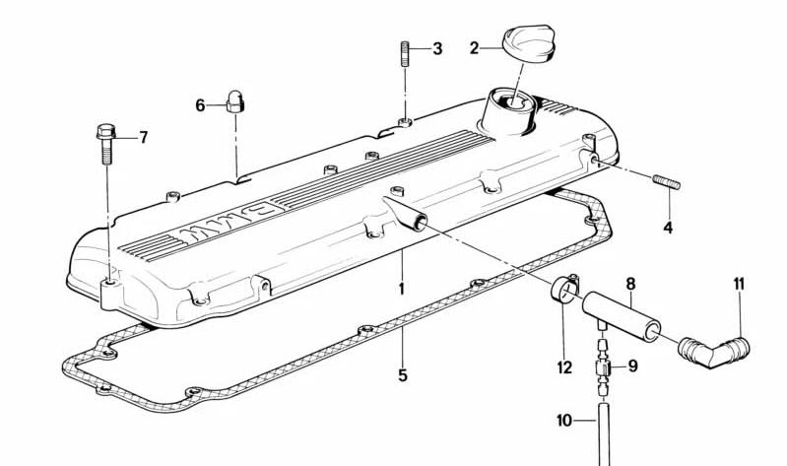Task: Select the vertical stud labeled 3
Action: point(405,54)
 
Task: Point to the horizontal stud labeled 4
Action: point(667,182)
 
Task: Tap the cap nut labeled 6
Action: point(234,101)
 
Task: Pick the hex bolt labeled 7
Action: point(106,143)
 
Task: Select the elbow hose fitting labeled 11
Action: point(714,352)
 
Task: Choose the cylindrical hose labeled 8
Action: point(622,316)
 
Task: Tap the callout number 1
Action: point(401,289)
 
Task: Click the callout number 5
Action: point(403,375)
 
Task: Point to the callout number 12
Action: point(564,367)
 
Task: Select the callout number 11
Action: point(739,284)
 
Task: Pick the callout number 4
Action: point(668,228)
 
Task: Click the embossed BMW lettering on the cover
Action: point(229,224)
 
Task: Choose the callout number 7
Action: point(144,137)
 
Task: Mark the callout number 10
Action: point(564,421)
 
